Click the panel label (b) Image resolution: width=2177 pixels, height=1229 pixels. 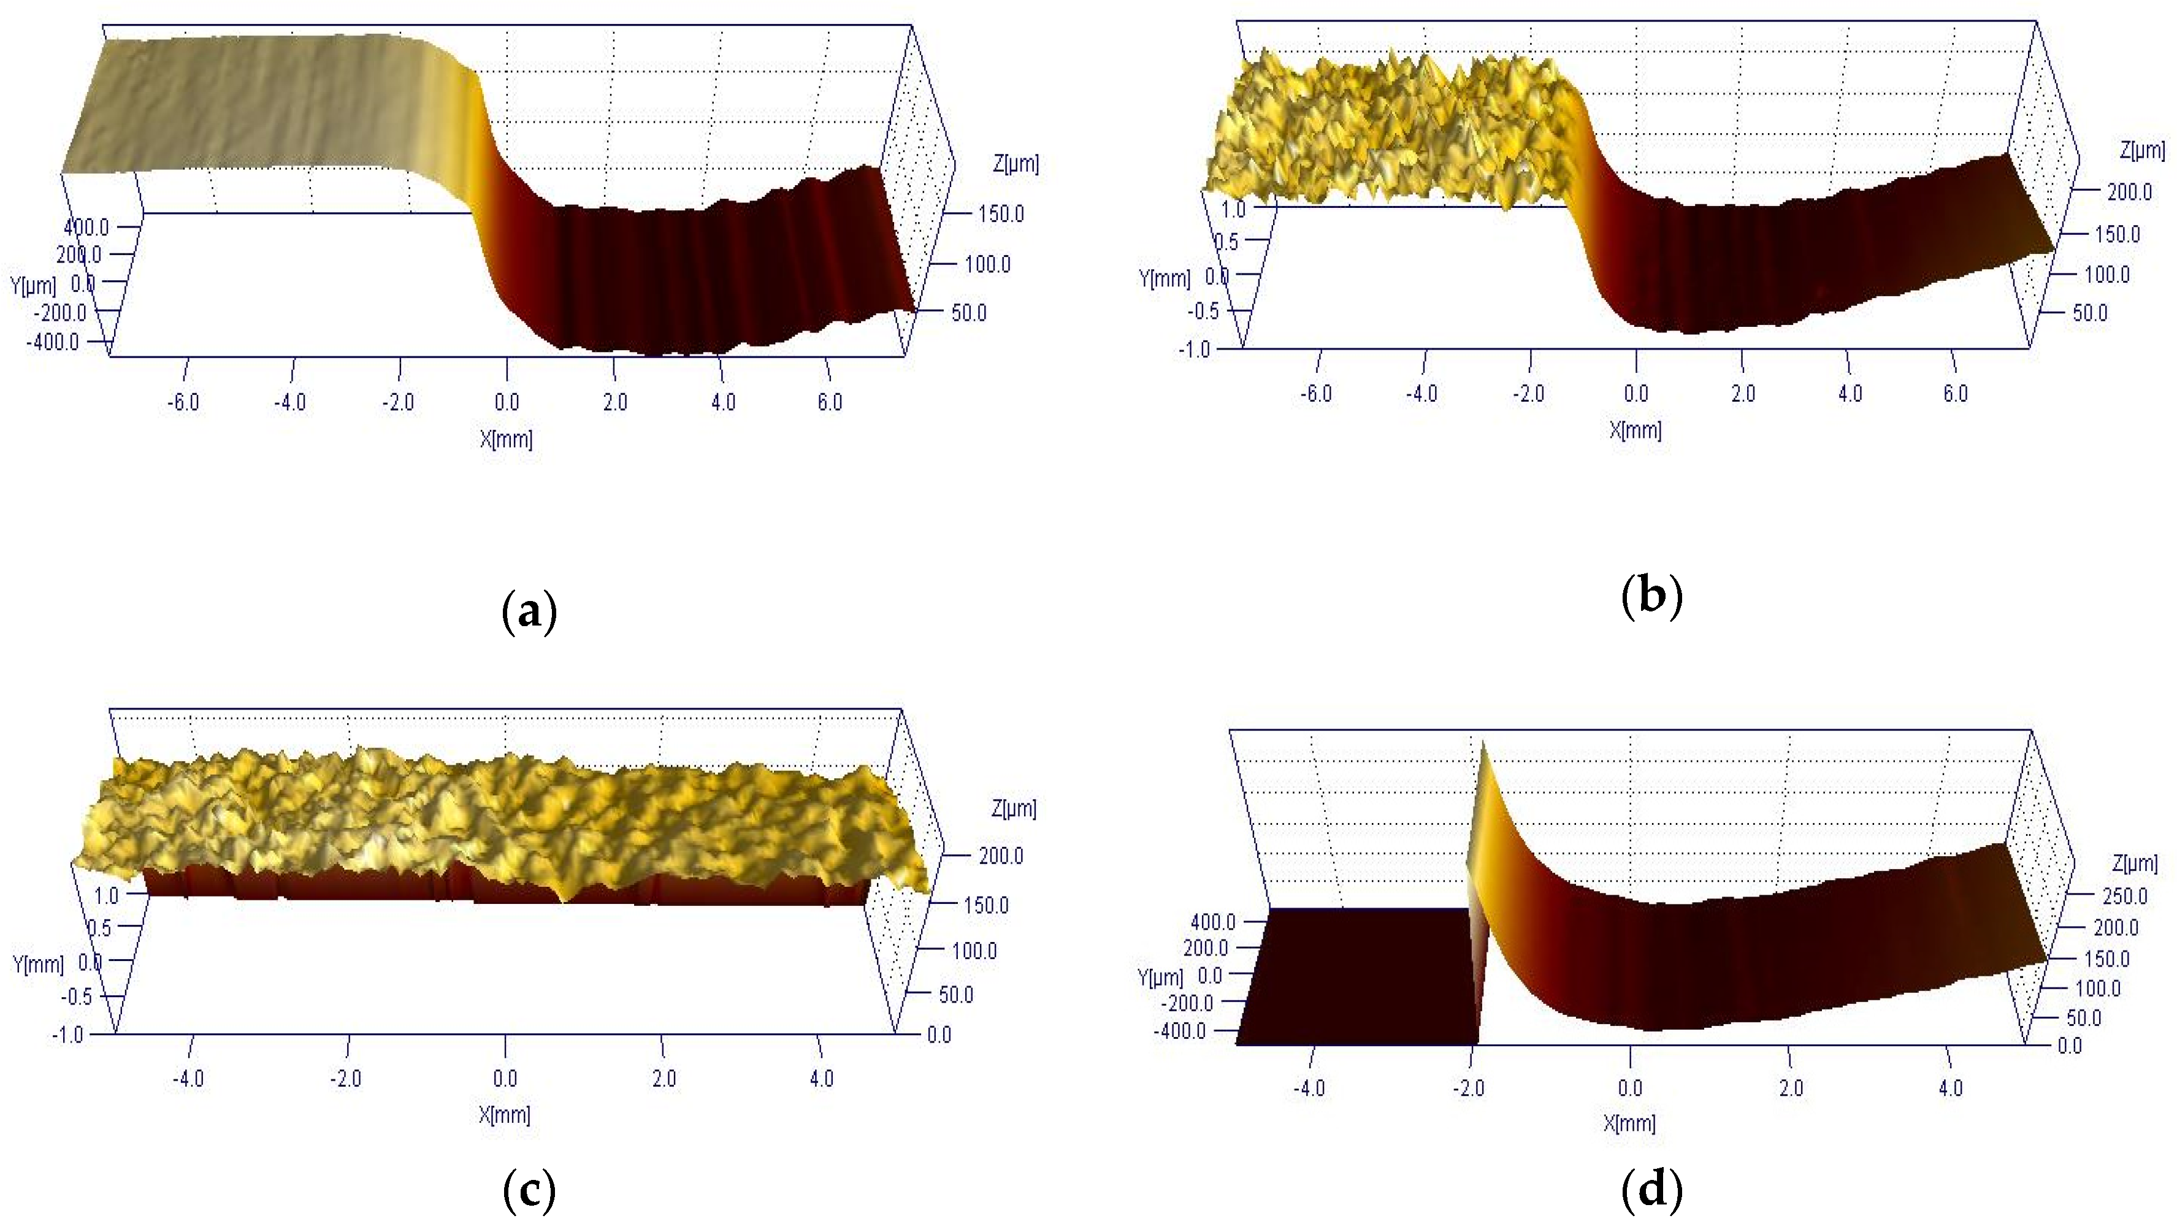[1652, 597]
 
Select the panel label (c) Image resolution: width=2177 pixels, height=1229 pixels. [529, 1191]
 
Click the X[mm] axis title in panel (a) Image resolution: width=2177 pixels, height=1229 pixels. [506, 438]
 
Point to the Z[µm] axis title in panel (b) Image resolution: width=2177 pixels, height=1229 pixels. [2141, 150]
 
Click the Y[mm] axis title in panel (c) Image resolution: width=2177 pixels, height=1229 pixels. [38, 963]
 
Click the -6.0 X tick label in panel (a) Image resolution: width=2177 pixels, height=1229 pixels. [183, 402]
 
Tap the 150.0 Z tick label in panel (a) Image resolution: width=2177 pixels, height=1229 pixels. [1001, 214]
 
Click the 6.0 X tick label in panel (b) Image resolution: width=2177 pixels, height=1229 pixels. [1955, 394]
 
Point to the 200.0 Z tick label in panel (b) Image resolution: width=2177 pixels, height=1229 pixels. [2129, 192]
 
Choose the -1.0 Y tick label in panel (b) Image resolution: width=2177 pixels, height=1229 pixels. [1194, 349]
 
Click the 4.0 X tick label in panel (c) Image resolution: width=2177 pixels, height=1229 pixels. [821, 1079]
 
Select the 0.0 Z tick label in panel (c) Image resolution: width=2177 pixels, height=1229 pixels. [939, 1035]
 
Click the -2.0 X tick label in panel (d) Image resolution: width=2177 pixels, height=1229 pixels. [1468, 1089]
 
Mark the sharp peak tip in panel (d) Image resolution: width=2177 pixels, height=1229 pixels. [1482, 742]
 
